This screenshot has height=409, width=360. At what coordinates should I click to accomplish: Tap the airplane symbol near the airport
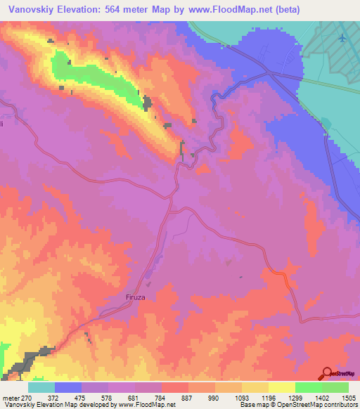coord(342,37)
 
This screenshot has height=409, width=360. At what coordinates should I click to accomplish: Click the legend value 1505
coord(347,396)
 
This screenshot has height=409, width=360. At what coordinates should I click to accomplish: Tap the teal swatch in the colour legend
coord(41,387)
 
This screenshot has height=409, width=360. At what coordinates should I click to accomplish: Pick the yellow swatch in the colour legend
coord(282,387)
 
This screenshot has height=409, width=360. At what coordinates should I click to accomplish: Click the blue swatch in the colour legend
coord(68,387)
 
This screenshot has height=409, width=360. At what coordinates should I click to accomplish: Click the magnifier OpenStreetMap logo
coord(327,374)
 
